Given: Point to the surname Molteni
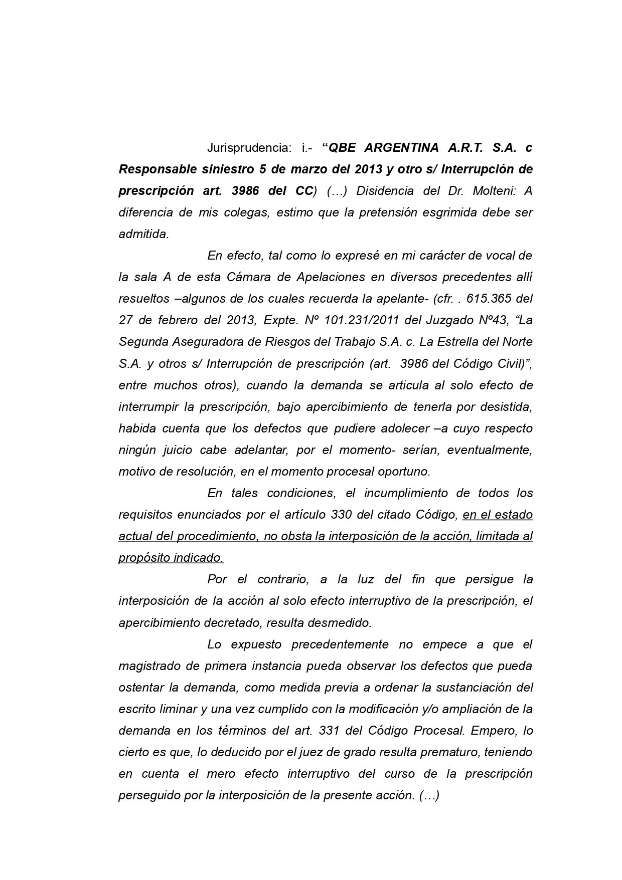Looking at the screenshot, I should coord(493,191).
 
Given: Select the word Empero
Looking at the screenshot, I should coord(493,731).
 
